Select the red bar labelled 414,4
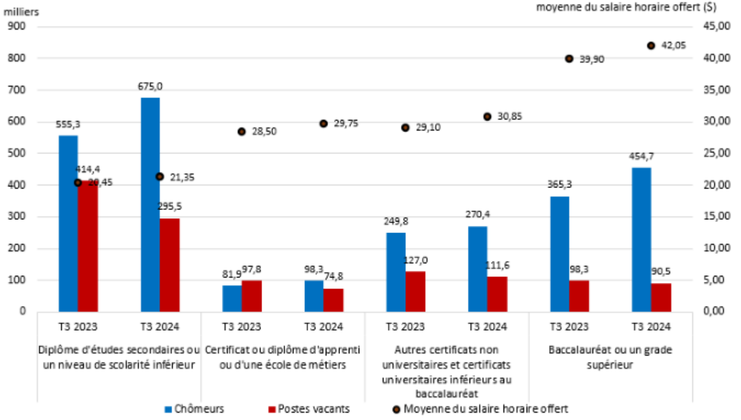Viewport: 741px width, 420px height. [88, 247]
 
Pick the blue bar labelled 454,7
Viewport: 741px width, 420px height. [641, 240]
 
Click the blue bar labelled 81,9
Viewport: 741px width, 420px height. [232, 299]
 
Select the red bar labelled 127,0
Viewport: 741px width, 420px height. [415, 292]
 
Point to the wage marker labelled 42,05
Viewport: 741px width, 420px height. [651, 46]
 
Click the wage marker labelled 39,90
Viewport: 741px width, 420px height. [569, 59]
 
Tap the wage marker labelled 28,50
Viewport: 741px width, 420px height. [241, 132]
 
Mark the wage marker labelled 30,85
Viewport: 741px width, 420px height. [487, 117]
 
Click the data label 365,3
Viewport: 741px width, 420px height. [559, 184]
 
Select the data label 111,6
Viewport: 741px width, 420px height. [497, 265]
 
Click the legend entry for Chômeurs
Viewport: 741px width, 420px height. [195, 409]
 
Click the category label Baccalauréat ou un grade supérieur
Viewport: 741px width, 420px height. [610, 357]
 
